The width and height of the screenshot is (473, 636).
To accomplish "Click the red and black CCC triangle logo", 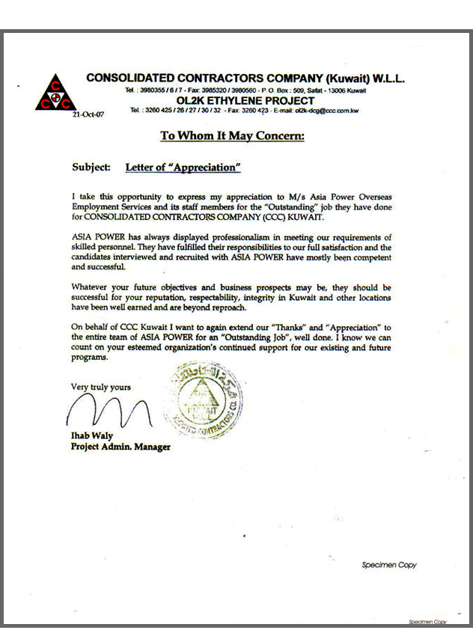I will [55, 94].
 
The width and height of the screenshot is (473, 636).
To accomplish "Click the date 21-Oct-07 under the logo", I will [88, 116].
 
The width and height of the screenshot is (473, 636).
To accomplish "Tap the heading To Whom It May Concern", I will [233, 136].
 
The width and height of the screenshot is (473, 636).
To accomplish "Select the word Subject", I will [91, 168].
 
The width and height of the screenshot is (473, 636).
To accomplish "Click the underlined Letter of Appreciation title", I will [183, 168].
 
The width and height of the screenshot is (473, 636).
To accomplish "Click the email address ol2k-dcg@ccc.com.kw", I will [327, 111].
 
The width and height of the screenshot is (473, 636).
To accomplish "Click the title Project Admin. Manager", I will [120, 447].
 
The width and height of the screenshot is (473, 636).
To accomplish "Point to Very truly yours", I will [101, 387].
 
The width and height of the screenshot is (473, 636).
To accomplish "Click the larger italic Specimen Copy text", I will [388, 565].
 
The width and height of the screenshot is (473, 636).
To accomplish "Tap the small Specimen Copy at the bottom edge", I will [427, 622].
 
